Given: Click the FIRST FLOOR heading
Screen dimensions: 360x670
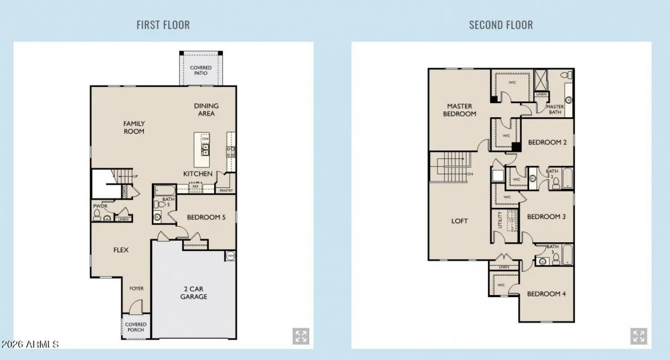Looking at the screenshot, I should [163, 25].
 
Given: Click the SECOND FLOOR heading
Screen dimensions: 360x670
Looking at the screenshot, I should [500, 25].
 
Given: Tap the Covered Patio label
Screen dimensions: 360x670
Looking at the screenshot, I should [200, 70].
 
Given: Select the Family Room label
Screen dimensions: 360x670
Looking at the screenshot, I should [134, 127].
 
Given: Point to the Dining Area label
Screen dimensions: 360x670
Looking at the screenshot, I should [206, 109].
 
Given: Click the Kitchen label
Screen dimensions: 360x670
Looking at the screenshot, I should [197, 174].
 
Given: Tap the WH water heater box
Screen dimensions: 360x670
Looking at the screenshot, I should [230, 256].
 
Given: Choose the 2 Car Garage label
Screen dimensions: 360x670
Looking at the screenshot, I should [194, 292].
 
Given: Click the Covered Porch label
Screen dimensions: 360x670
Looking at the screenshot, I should [136, 327].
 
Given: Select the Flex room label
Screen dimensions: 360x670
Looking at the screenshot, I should [121, 250].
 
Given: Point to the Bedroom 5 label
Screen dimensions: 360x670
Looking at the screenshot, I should [206, 217].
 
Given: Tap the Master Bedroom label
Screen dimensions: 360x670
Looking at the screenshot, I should [460, 110].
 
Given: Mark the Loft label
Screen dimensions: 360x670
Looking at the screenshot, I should [460, 221].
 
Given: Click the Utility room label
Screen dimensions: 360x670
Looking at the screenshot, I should [500, 220].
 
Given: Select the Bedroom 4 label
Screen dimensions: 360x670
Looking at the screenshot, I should [546, 294].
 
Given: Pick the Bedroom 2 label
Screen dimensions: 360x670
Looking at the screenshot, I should [547, 142].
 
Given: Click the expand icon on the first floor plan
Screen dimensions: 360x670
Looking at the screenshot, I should [300, 336].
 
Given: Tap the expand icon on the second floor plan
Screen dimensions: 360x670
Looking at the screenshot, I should [638, 336].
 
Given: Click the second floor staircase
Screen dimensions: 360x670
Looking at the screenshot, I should [449, 167].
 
